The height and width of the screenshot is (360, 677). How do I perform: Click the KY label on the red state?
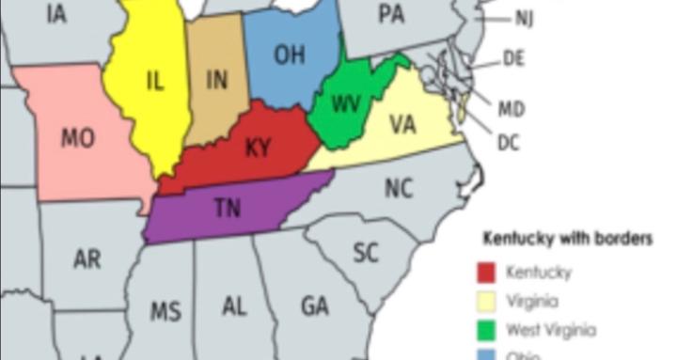257,148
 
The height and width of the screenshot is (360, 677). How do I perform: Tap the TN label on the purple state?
227,209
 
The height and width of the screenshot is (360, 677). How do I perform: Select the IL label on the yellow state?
155,81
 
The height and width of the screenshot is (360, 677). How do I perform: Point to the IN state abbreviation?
217,80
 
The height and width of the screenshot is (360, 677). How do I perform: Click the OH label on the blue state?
290,55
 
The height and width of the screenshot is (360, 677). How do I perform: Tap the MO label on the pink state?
77,138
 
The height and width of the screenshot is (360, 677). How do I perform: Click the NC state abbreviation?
399,189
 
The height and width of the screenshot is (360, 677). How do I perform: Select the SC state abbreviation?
366,252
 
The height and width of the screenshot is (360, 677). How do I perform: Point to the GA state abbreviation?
315,306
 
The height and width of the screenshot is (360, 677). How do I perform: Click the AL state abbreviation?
235,306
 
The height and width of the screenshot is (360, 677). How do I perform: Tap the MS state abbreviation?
165,311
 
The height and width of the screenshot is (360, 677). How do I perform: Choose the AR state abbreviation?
87,259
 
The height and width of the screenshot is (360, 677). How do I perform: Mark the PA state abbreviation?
391,13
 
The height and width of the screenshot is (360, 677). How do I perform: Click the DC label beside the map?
509,143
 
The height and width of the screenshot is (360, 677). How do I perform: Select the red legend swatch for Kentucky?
486,274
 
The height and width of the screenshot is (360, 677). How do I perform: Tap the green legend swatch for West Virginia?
486,330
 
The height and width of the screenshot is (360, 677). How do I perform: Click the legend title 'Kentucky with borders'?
567,239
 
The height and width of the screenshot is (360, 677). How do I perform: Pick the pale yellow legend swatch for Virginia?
486,302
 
